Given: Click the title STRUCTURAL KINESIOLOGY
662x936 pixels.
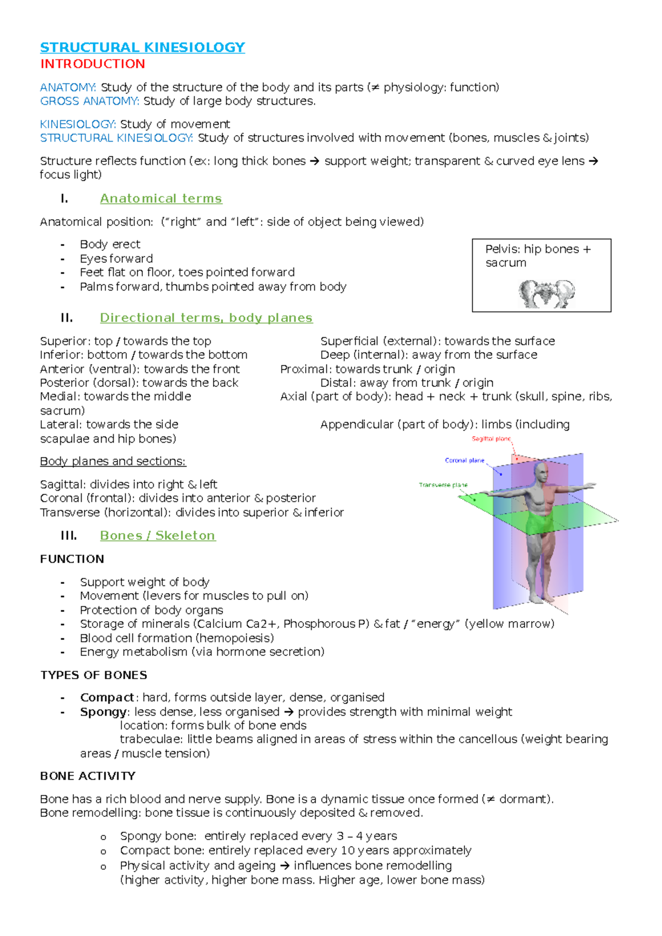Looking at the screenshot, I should pos(142,47).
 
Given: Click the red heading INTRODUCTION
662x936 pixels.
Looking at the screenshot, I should pos(92,64).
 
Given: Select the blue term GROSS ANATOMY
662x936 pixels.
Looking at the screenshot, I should pos(89,101).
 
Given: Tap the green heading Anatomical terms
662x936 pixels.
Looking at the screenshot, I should pos(161,198).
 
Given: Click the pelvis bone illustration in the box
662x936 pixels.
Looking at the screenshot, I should pos(546,293).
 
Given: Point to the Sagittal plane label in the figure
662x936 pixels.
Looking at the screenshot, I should pos(491,439).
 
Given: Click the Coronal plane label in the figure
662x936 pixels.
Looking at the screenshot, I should pos(465,460).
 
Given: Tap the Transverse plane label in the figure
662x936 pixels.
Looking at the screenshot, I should pos(442,485).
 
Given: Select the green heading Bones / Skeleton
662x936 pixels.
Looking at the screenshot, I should pos(157,536).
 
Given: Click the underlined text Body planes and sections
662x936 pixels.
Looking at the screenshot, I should pos(113,461).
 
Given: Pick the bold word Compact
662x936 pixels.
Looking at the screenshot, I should pos(106,697).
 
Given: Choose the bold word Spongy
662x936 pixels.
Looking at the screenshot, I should pos(103,712).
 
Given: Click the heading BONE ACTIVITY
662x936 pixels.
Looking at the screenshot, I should pos(87,776).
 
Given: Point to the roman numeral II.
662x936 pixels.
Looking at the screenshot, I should pos(67,318).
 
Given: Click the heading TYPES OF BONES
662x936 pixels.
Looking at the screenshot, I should pos(93,675).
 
